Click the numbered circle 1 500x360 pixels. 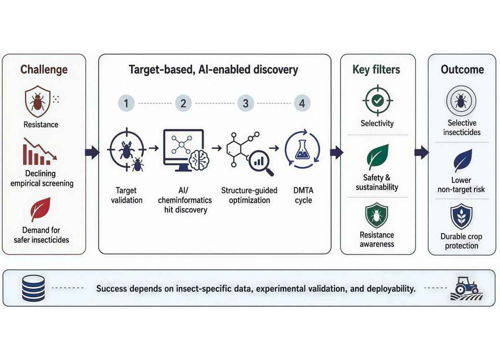[x=126, y=103]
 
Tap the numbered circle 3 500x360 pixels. [x=246, y=103]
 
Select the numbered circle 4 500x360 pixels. [x=302, y=103]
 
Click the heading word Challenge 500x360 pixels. [x=44, y=70]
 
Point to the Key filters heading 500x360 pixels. [x=376, y=70]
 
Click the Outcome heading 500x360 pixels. [x=462, y=70]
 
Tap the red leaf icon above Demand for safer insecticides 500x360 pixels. [x=41, y=209]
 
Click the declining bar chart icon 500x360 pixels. [x=40, y=151]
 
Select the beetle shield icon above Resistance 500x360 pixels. [x=38, y=101]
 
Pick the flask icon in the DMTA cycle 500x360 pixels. [x=302, y=150]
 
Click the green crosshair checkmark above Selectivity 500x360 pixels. [x=378, y=100]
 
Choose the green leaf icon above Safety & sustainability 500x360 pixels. [x=378, y=157]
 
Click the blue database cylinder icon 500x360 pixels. [x=34, y=288]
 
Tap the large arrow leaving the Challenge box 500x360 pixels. [x=92, y=152]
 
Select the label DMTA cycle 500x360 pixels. [x=303, y=195]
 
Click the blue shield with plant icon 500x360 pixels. [x=461, y=216]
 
